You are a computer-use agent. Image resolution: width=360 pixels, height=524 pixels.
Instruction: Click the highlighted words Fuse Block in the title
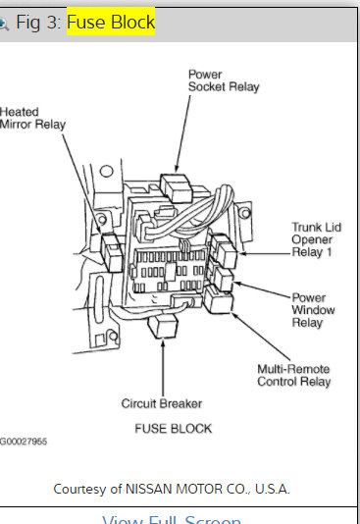(x=110, y=22)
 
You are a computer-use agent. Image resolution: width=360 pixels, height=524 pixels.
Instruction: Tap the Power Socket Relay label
(x=224, y=80)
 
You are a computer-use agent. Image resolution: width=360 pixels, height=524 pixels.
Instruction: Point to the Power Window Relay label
(x=316, y=309)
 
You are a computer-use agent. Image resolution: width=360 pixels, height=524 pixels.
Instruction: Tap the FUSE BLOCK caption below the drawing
(x=173, y=429)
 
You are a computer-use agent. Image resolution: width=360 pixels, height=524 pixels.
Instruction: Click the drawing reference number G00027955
(x=24, y=443)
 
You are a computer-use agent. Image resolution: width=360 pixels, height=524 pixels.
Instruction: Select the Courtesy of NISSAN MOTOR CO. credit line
(x=172, y=488)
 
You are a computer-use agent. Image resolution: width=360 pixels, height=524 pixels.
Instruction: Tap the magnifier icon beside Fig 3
(x=4, y=22)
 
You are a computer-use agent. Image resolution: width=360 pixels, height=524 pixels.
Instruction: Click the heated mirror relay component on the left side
(x=111, y=251)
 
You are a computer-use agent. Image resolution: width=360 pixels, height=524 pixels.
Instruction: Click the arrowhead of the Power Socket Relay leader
(x=177, y=169)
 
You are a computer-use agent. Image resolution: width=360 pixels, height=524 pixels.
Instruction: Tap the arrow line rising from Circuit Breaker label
(x=161, y=368)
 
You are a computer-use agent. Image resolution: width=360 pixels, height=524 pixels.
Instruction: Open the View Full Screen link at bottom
(x=172, y=519)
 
